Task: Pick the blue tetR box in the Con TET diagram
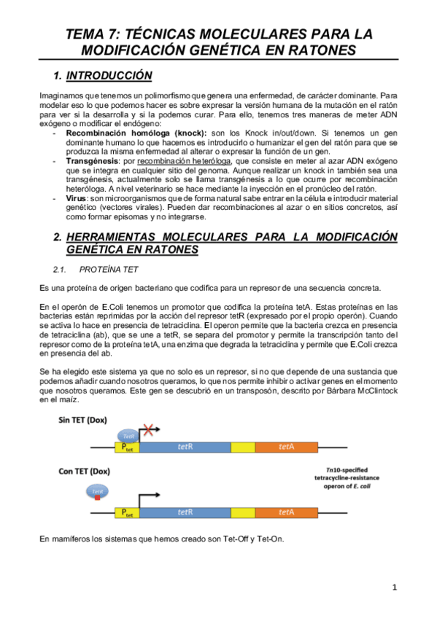(185, 512)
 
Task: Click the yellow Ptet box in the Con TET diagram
(127, 512)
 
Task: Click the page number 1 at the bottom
(394, 587)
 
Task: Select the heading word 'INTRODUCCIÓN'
(109, 76)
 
